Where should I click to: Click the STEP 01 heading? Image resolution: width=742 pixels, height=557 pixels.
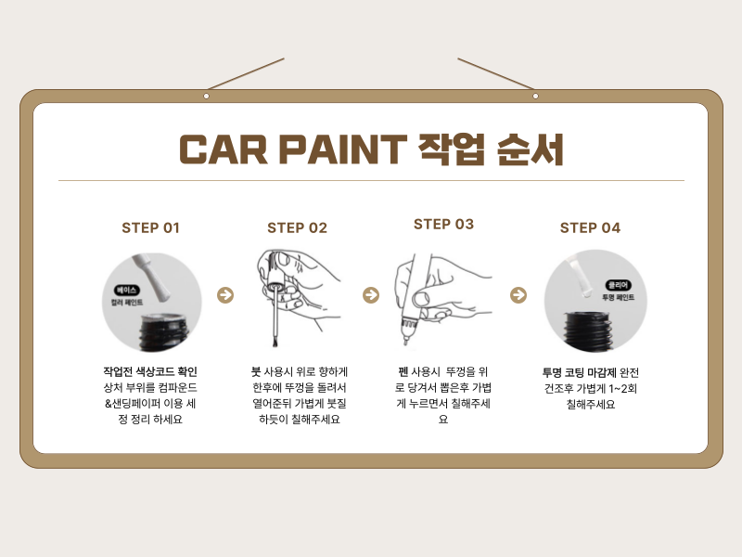(x=150, y=227)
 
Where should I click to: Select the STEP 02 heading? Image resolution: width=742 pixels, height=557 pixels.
(x=297, y=227)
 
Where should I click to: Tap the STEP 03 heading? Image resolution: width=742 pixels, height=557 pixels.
(x=444, y=224)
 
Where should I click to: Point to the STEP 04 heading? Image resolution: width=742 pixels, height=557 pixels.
(x=590, y=227)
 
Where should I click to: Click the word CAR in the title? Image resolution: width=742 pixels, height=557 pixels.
(x=224, y=149)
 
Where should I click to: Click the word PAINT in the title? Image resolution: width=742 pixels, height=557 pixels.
(x=343, y=149)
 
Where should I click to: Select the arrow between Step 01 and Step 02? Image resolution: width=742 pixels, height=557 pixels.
(x=225, y=295)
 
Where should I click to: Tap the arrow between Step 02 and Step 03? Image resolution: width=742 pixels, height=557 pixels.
(x=371, y=295)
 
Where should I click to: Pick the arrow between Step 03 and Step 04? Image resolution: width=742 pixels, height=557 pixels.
(x=518, y=295)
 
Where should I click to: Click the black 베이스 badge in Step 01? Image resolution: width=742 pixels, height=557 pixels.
(x=126, y=290)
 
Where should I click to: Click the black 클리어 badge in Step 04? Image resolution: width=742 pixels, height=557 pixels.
(x=618, y=285)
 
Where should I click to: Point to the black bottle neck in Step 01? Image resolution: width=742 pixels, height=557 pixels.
(x=164, y=331)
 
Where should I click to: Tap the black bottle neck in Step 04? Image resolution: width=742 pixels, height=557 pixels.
(x=588, y=330)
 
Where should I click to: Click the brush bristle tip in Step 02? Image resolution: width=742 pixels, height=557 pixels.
(x=274, y=342)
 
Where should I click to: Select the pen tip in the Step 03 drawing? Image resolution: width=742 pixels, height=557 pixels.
(x=405, y=341)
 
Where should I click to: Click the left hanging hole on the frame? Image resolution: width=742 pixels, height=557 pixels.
(x=206, y=97)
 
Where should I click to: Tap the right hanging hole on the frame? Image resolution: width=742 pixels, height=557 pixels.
(x=536, y=97)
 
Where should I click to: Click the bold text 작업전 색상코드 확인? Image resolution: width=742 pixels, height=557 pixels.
(x=150, y=372)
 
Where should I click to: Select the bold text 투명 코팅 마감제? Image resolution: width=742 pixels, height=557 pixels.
(x=579, y=373)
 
